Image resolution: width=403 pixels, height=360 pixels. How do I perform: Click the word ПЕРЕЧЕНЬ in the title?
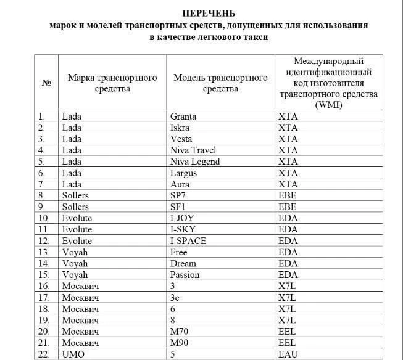coord(209,13)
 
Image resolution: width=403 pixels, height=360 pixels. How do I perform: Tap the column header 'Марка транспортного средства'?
coord(112,83)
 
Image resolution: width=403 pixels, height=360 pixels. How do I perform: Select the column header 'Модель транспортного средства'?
coord(220,83)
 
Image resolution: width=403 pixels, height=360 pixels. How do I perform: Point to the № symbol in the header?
coord(46,83)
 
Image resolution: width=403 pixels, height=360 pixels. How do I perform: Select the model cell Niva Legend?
coord(194,162)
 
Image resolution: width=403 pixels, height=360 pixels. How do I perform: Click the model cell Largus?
coord(183,173)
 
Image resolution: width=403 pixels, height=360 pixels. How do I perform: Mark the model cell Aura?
coord(180,184)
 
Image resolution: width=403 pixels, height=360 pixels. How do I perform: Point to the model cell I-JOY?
coord(183,218)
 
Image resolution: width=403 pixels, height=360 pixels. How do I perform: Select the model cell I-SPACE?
coord(188,240)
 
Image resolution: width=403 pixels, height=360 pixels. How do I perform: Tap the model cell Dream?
coord(183,263)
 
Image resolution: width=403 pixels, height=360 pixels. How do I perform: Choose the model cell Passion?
coord(185,274)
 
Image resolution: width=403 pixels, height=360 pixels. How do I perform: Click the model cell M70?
coord(178,331)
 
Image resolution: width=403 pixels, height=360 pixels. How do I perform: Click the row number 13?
coord(43,252)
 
